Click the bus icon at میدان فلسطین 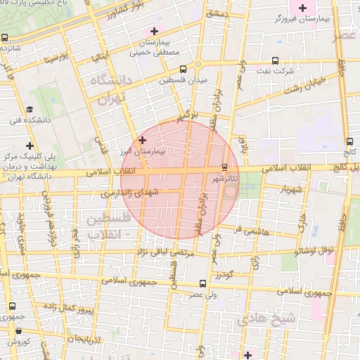coord(183,70)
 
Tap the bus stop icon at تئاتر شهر coord(224,167)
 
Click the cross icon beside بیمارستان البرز coord(143,140)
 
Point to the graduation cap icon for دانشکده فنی coord(30,110)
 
